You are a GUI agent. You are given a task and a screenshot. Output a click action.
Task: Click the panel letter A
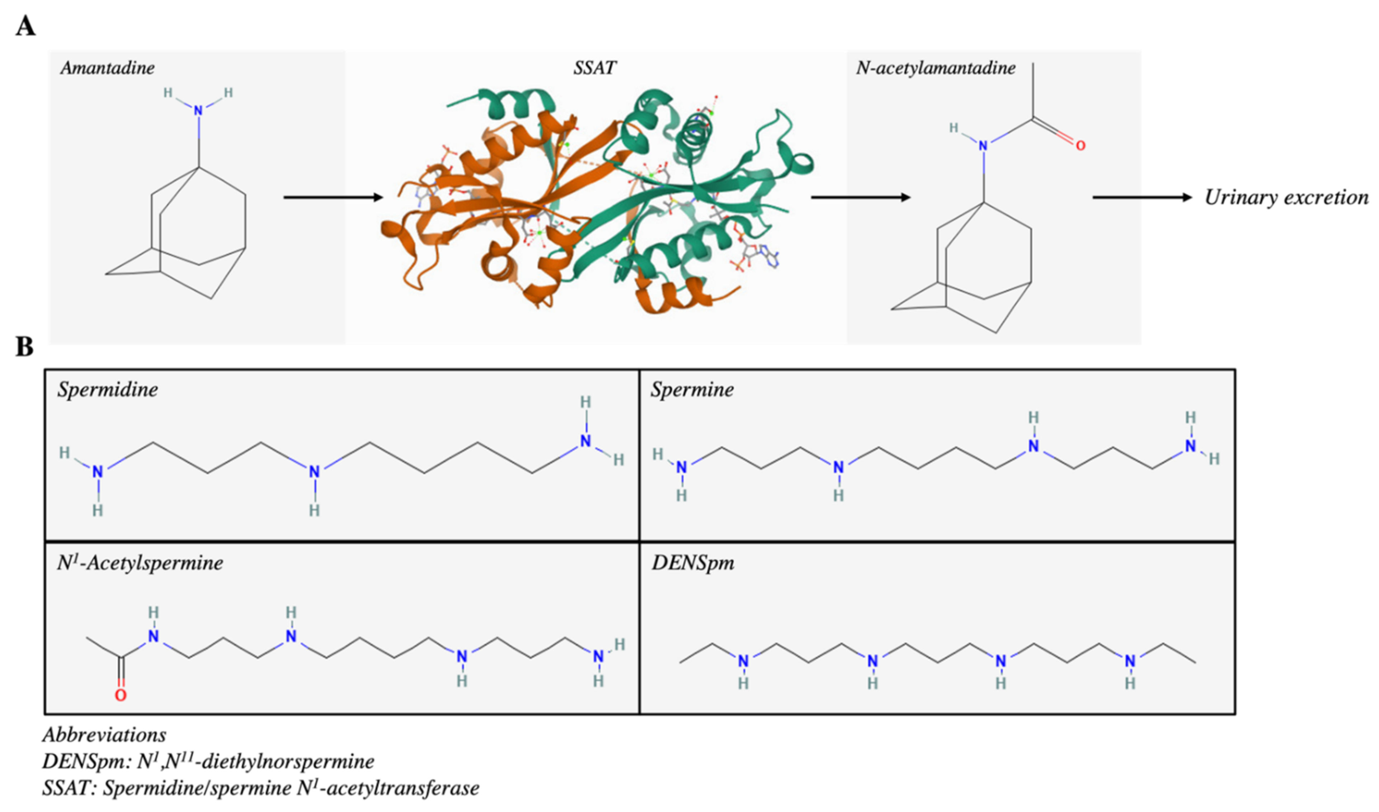25,26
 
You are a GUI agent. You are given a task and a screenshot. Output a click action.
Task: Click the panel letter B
24,346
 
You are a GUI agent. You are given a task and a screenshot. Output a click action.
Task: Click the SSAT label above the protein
594,68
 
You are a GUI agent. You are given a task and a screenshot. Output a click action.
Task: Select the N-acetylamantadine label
935,68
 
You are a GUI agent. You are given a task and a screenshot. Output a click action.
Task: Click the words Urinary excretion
1286,198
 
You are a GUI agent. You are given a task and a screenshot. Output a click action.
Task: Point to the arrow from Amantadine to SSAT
333,197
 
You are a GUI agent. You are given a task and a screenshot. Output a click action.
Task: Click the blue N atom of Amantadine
198,110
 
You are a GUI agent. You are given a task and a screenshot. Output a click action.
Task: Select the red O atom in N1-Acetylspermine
121,695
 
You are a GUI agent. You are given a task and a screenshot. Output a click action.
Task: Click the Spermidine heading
108,390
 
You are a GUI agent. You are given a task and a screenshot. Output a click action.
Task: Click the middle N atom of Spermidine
314,471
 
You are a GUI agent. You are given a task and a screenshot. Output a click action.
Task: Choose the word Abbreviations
104,734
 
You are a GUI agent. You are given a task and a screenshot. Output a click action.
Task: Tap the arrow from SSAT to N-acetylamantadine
860,197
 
